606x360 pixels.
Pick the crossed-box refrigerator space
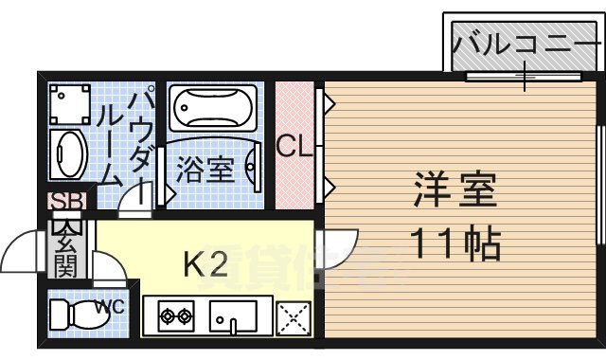[293, 318]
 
